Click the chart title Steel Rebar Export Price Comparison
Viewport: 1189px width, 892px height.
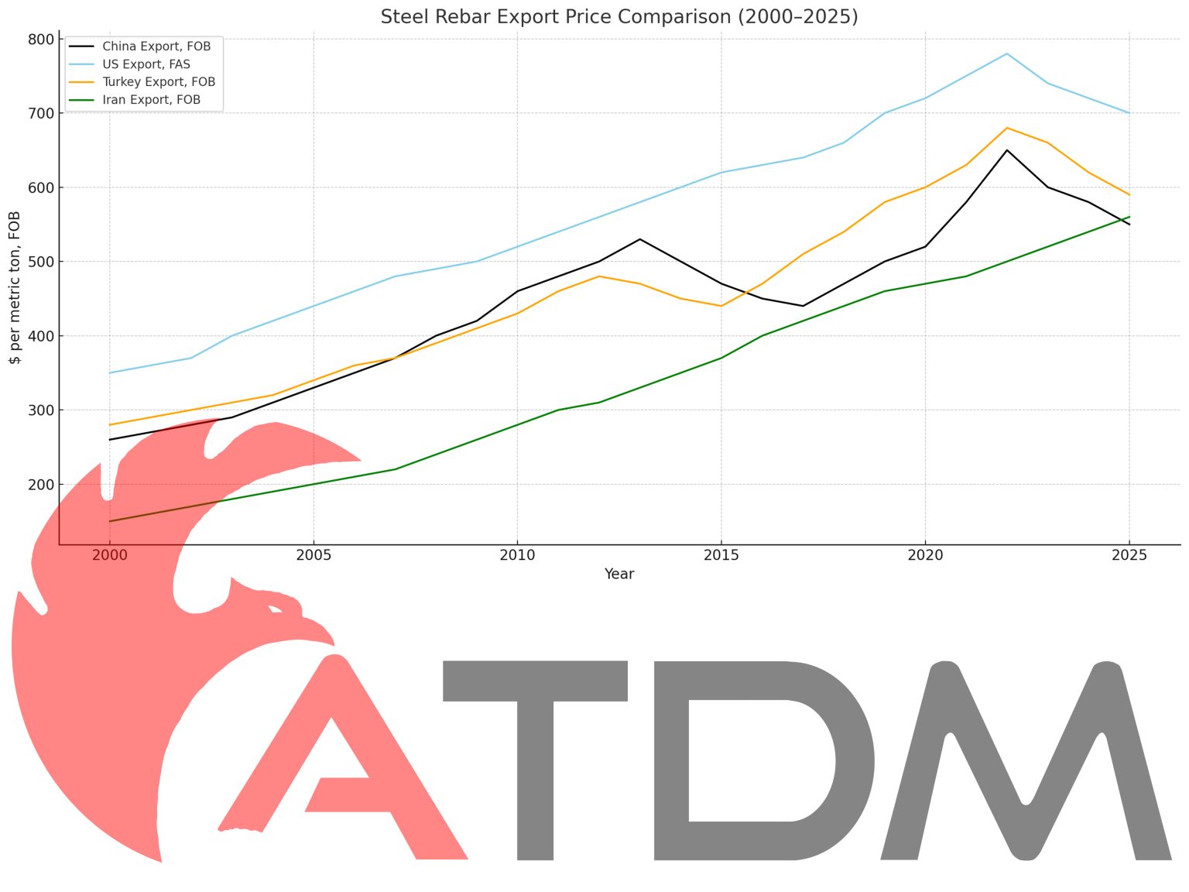tap(618, 16)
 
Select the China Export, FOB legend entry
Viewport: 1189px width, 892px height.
tap(156, 46)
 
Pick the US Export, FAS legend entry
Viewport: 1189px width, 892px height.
tap(146, 64)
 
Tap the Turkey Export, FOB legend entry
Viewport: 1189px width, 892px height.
tap(159, 82)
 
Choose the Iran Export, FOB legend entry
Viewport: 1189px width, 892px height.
tap(151, 100)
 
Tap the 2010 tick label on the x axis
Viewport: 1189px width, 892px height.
tap(517, 555)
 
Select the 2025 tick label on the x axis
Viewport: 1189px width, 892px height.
tap(1129, 555)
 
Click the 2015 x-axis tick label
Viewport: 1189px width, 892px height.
tap(721, 555)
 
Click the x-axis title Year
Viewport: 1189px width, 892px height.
tap(619, 574)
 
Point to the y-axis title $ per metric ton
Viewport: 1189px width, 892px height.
tap(15, 286)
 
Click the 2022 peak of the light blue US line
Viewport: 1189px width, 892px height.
tap(1006, 53)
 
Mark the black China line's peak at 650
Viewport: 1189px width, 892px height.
tap(1006, 150)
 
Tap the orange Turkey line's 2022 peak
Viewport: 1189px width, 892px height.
tap(1006, 128)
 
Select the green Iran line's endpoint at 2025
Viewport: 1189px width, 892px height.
tap(1129, 217)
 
